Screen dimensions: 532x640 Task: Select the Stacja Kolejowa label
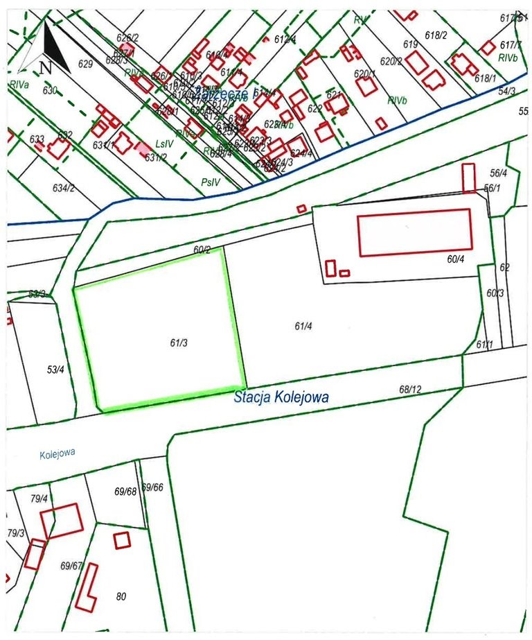[x=281, y=398]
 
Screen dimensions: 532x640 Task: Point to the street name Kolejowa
[x=57, y=453]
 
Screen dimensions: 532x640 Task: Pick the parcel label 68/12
[x=410, y=390]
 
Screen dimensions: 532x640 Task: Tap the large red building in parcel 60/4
[x=415, y=232]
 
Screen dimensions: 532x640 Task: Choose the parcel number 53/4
[x=55, y=370]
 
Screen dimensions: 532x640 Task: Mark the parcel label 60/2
[x=202, y=250]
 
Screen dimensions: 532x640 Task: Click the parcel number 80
[x=121, y=596]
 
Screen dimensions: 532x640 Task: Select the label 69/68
[x=125, y=492]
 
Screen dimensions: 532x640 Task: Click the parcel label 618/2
[x=436, y=35]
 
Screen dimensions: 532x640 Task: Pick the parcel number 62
[x=504, y=268]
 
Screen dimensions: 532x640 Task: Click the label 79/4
[x=38, y=499]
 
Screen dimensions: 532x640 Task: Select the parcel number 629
[x=86, y=64]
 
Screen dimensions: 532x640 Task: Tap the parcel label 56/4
[x=499, y=173]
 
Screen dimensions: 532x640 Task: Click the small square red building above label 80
[x=122, y=539]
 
